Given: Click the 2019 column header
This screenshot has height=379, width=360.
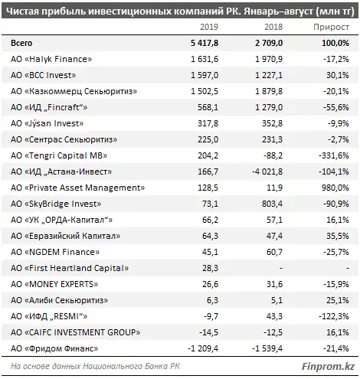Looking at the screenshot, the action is [209, 27].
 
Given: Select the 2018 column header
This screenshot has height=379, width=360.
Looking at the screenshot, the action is [273, 27].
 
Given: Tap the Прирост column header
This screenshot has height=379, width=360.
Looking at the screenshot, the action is [331, 27].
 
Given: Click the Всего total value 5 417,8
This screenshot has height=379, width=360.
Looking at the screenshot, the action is [205, 43].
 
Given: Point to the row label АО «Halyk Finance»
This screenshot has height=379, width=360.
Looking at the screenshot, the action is [51, 59].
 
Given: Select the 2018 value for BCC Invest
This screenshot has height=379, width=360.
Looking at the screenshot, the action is [269, 75].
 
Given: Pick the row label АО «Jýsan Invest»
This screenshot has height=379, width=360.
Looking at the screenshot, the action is [47, 123].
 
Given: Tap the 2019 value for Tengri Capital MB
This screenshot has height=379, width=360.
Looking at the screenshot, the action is [208, 155].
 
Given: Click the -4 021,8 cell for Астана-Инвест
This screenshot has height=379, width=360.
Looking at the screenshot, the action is [267, 172].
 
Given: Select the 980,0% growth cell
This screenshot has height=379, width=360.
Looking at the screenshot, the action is [337, 188].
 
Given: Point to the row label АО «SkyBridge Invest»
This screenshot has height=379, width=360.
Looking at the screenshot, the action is [56, 204].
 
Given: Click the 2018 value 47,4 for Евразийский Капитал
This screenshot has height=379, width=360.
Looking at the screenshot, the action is [274, 236].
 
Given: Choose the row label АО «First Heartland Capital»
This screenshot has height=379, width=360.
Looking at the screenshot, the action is [70, 268].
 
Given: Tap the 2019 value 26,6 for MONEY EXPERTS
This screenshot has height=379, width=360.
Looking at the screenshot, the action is [210, 284].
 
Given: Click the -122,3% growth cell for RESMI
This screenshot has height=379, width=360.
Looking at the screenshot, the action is [334, 316].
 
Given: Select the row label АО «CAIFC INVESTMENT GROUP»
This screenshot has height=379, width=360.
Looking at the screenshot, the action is [76, 332].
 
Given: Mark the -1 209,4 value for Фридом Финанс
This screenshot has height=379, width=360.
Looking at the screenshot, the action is [203, 348].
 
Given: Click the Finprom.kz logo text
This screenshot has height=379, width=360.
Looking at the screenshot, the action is [328, 367].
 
